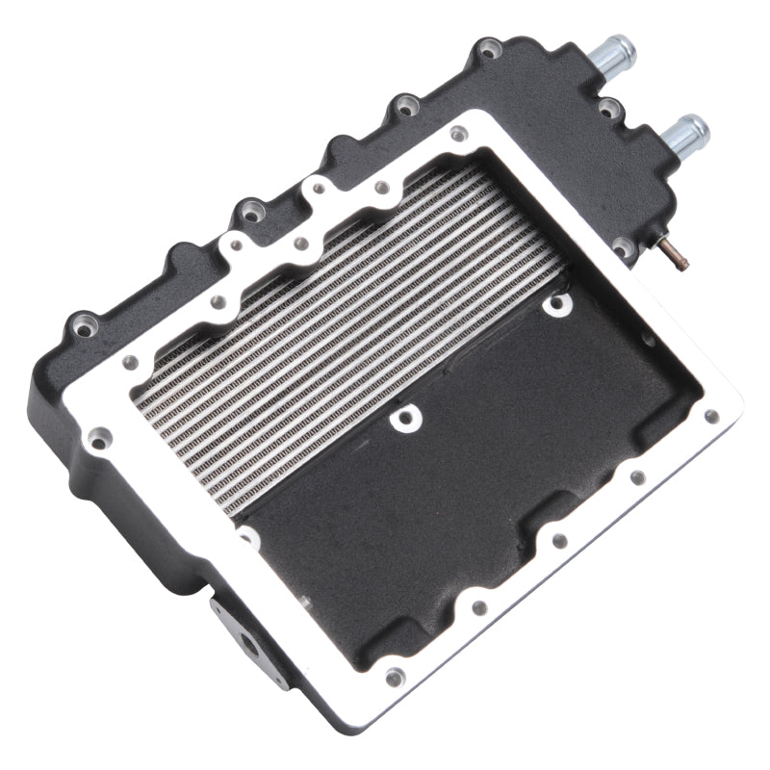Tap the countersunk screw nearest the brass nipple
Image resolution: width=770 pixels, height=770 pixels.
(555, 305)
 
